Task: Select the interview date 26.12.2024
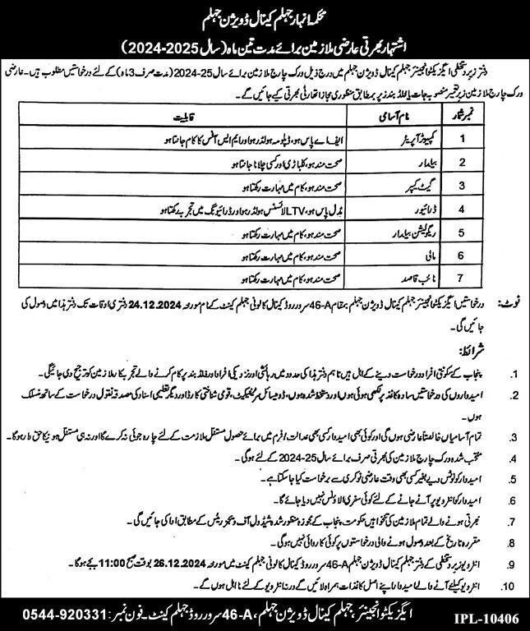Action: pos(202,564)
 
